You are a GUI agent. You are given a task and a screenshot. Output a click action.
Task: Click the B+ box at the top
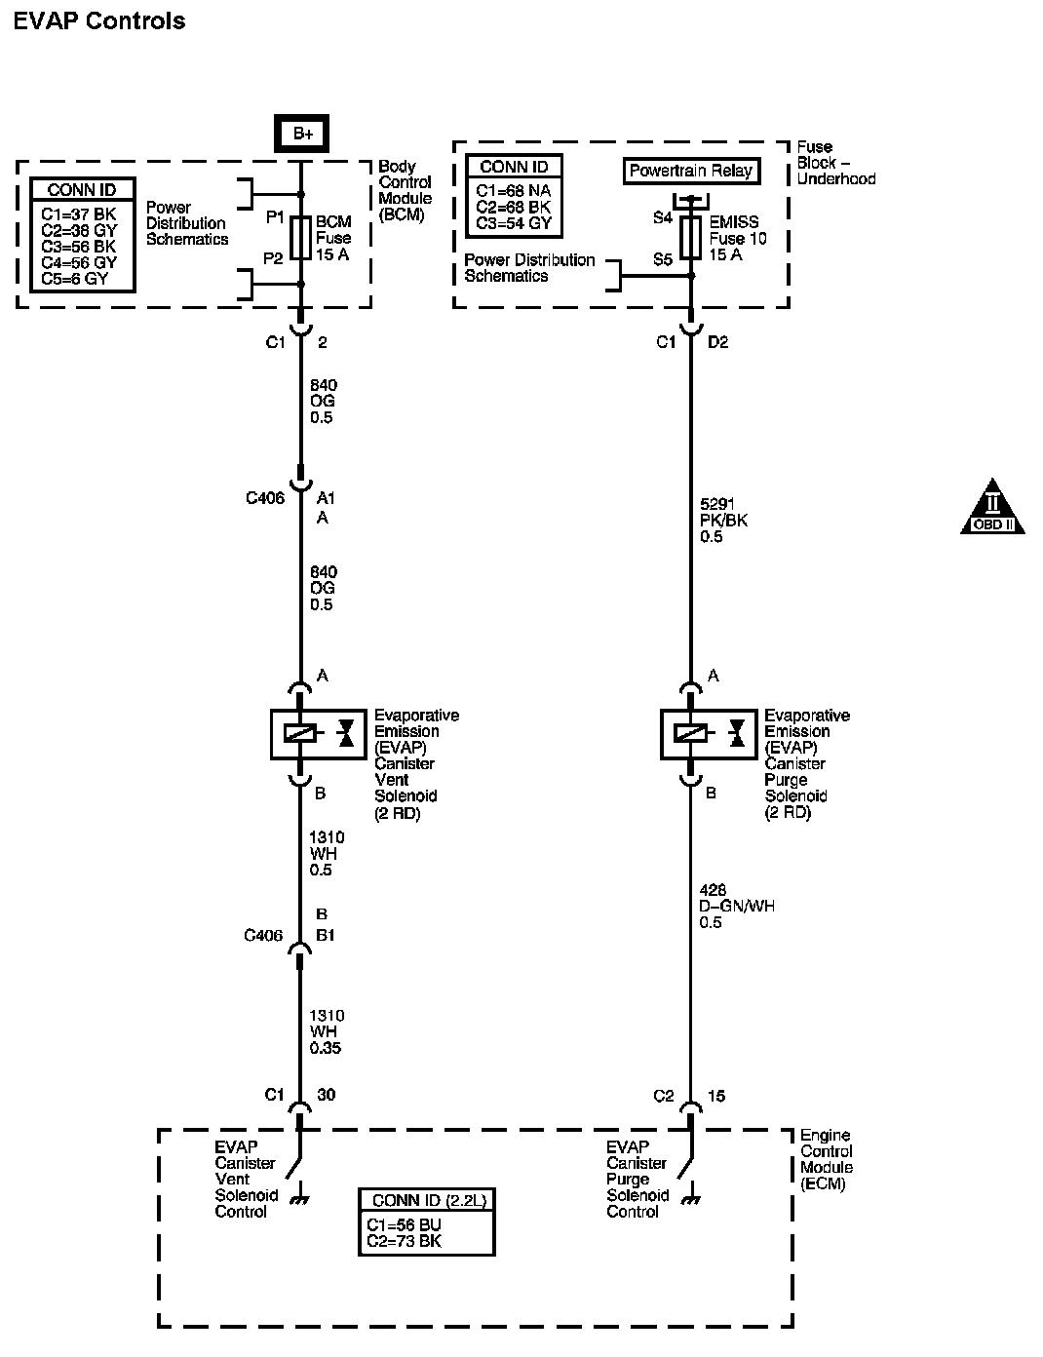[x=301, y=134]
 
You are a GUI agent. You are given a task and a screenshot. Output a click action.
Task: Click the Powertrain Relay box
[x=690, y=171]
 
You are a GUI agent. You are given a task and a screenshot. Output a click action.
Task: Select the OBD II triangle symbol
[x=990, y=507]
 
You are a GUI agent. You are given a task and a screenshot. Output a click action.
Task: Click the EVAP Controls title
[x=98, y=20]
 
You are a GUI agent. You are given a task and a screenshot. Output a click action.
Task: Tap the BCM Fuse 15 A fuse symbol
[x=301, y=238]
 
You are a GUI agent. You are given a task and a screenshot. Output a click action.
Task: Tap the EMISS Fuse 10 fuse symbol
[x=690, y=238]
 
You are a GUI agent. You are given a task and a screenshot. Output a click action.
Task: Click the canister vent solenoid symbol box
[x=318, y=734]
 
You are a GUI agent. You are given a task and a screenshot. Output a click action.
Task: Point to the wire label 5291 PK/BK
[x=723, y=520]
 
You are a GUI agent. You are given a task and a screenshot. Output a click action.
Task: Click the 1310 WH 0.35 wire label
[x=327, y=1031]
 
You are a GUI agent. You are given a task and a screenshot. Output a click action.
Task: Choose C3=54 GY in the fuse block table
[x=514, y=223]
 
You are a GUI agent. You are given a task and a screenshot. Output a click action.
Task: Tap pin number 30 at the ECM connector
[x=327, y=1095]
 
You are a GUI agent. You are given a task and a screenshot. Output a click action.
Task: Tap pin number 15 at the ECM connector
[x=716, y=1096]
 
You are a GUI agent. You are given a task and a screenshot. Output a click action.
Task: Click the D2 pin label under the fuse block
[x=717, y=342]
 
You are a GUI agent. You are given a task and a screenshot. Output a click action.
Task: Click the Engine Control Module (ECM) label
[x=826, y=1159]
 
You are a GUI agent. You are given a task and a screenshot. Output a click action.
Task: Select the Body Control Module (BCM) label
[x=405, y=190]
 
